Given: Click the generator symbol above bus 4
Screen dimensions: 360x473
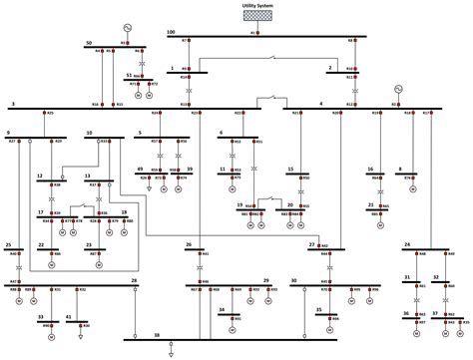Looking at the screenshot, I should (x=398, y=88).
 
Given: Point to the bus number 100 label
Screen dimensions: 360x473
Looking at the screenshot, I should (x=171, y=33).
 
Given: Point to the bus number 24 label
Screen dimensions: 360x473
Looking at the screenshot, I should (x=407, y=244).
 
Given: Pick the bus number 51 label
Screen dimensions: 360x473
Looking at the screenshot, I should (x=130, y=75).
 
